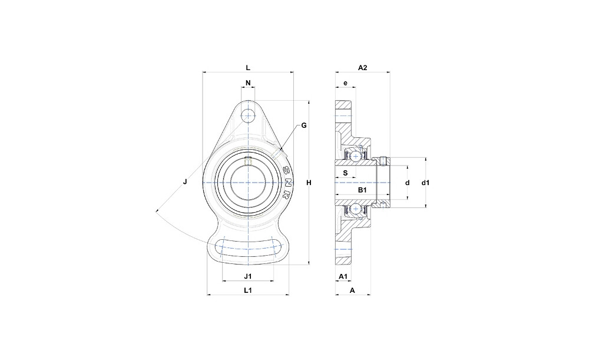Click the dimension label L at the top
click(248, 68)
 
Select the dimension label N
click(248, 83)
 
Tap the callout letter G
click(304, 125)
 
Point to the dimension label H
click(309, 183)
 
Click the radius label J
click(185, 182)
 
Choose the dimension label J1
click(248, 276)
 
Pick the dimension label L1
click(248, 290)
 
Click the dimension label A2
click(362, 68)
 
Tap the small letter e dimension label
click(346, 83)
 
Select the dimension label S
click(346, 173)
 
